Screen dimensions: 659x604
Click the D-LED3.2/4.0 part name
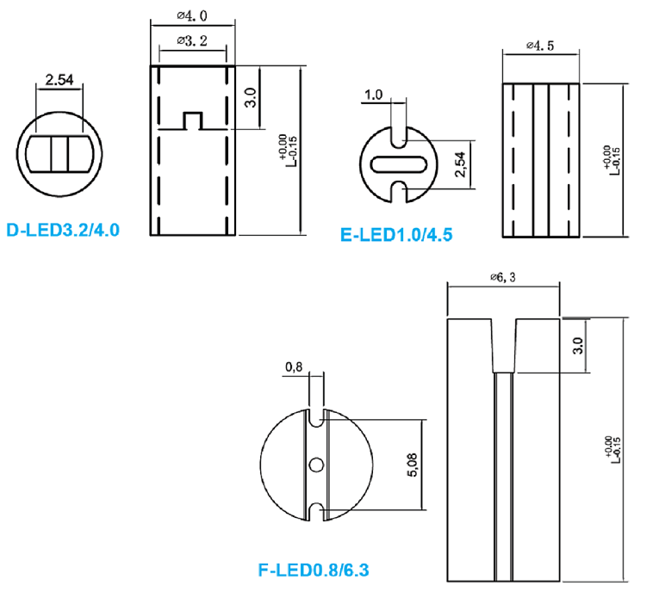(63, 230)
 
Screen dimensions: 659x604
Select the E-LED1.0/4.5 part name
(396, 235)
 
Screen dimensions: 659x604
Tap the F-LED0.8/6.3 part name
(314, 570)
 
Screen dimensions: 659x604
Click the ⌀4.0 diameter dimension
(192, 15)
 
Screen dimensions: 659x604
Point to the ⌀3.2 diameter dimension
(192, 40)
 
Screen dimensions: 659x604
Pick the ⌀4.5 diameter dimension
(540, 45)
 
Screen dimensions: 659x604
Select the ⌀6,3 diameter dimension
(503, 277)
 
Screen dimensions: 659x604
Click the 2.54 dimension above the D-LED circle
(59, 79)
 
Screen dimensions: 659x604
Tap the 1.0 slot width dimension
(374, 95)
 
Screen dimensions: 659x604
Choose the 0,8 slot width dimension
(294, 367)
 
